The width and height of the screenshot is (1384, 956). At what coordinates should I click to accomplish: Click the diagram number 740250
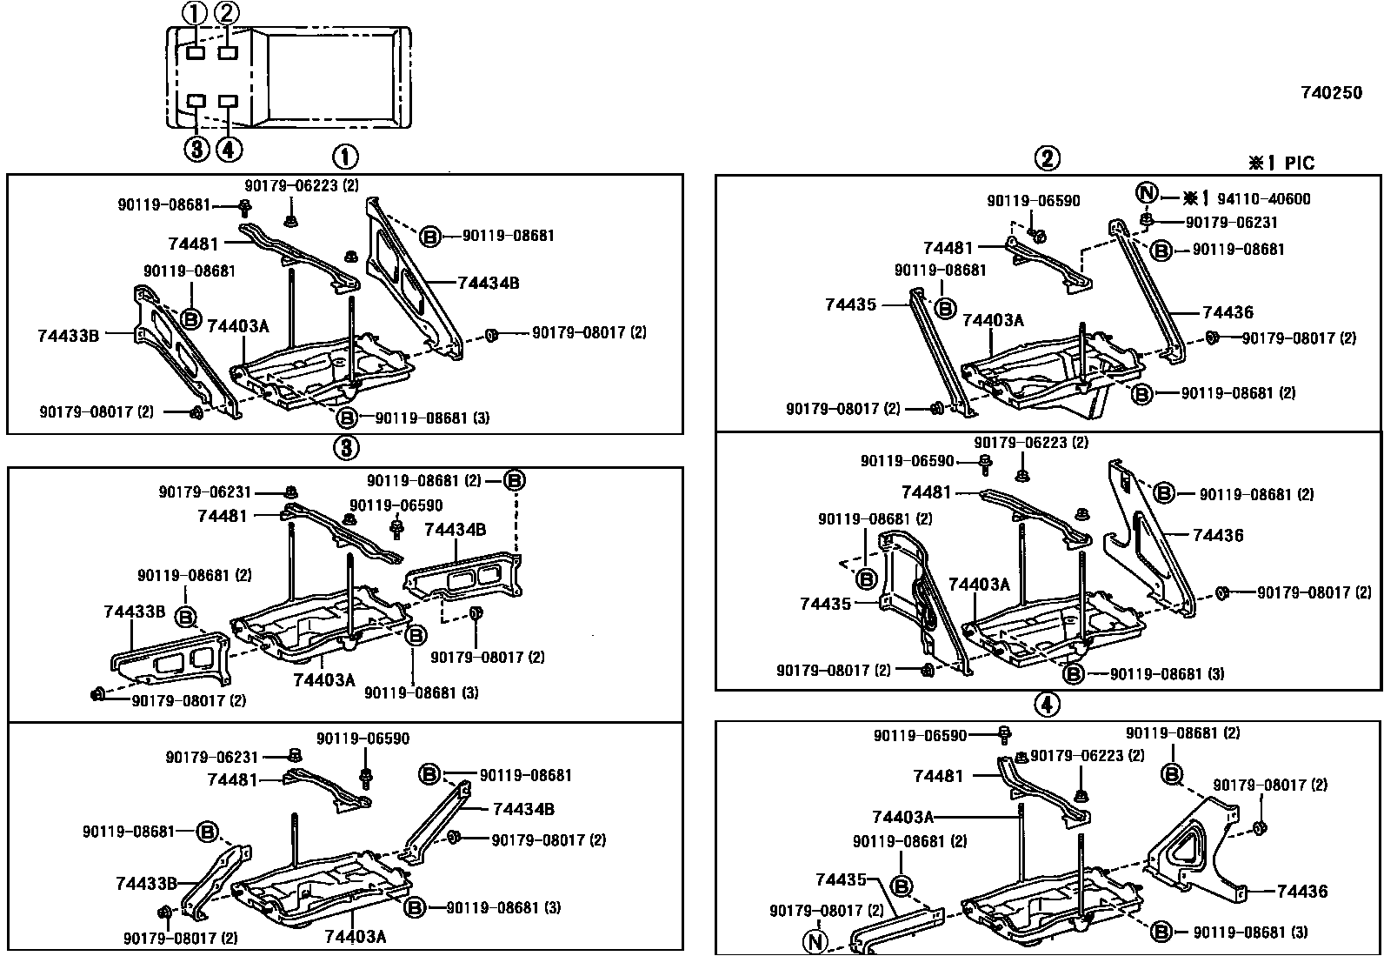pyautogui.click(x=1331, y=93)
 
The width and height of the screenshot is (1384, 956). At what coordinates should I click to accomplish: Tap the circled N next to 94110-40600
pyautogui.click(x=1147, y=194)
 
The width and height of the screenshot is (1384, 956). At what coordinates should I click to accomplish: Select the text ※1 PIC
pyautogui.click(x=1281, y=163)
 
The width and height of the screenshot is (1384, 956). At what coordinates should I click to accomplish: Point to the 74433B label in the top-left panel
pyautogui.click(x=68, y=335)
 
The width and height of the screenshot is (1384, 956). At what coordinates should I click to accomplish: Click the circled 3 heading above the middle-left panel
pyautogui.click(x=345, y=448)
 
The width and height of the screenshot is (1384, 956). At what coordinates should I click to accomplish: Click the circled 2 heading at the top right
pyautogui.click(x=1047, y=158)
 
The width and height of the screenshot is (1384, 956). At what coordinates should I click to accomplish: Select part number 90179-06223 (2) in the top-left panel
pyautogui.click(x=301, y=185)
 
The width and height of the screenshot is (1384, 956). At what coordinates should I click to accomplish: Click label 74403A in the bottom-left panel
pyautogui.click(x=355, y=936)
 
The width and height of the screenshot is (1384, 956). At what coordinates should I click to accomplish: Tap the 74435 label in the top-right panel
pyautogui.click(x=850, y=304)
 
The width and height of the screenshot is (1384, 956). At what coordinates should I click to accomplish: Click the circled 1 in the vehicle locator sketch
pyautogui.click(x=195, y=13)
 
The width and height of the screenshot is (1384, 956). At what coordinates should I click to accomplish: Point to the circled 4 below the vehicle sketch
pyautogui.click(x=228, y=150)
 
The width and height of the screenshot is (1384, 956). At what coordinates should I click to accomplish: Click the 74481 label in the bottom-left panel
pyautogui.click(x=232, y=780)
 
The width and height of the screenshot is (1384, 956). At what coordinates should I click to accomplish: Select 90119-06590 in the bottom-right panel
pyautogui.click(x=919, y=736)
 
